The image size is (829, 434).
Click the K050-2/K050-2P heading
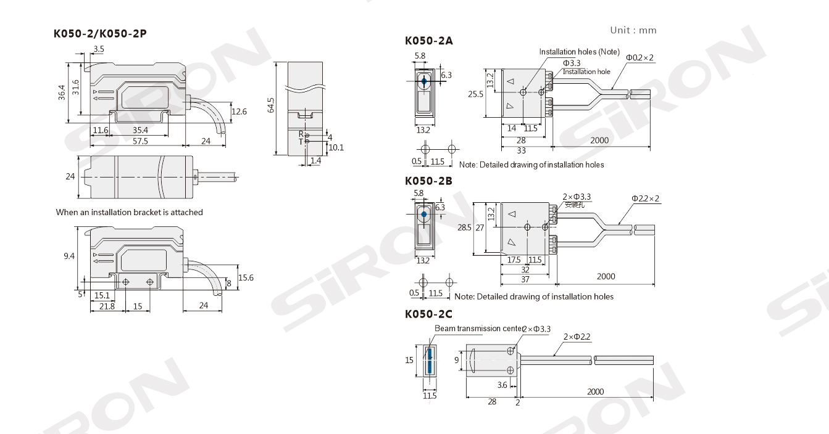[100, 34]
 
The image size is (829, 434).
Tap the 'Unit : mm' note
[633, 30]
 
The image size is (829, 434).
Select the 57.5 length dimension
[140, 141]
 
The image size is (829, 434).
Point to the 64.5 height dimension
[270, 105]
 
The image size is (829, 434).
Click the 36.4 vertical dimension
[62, 92]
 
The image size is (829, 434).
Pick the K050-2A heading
[429, 41]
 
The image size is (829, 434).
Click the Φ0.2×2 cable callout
[640, 58]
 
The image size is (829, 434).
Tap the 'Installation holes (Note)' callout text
[579, 52]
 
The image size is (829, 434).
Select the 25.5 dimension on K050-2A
[475, 94]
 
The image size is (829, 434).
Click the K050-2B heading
[428, 181]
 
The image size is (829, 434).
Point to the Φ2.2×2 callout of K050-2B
[646, 199]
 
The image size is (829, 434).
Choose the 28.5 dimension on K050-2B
[464, 227]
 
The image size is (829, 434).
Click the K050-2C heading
[428, 314]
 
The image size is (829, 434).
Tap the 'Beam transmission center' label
[479, 328]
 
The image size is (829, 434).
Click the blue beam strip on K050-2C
[429, 361]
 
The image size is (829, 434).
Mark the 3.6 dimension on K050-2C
[502, 385]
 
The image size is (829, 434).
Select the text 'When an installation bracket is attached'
[129, 212]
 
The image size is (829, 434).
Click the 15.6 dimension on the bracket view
[246, 277]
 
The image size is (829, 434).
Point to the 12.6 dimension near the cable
[239, 111]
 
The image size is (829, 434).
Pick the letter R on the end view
[301, 134]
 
